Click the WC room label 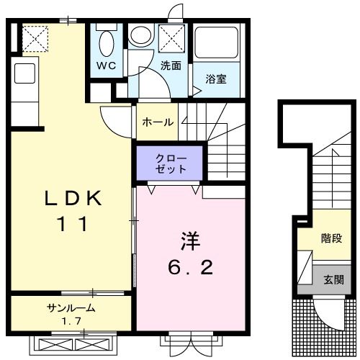[x=107, y=66]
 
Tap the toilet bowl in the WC [x=107, y=44]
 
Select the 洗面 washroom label [x=171, y=66]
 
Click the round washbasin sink [x=140, y=35]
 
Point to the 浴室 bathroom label [x=216, y=79]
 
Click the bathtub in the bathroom [x=216, y=42]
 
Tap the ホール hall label [x=158, y=122]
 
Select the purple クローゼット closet [x=169, y=163]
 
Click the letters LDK [x=73, y=198]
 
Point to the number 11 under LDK [x=72, y=224]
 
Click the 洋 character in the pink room [x=191, y=241]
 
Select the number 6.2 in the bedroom [x=190, y=268]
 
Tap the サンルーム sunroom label [x=71, y=307]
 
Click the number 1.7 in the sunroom [x=71, y=321]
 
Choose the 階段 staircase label [x=331, y=238]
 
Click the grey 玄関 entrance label [x=333, y=280]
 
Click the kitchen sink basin [x=24, y=73]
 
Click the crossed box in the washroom [x=171, y=39]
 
